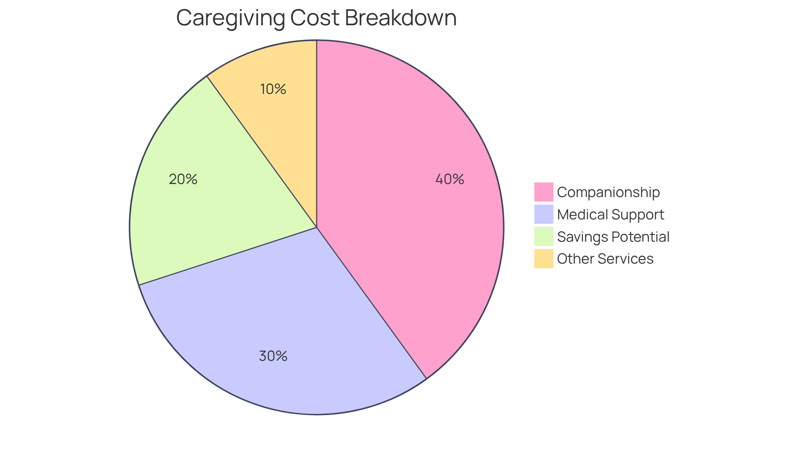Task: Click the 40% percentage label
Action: [449, 179]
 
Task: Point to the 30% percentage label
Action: [273, 356]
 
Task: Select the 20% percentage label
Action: [183, 179]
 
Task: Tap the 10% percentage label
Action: [273, 89]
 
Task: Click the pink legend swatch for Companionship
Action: [544, 192]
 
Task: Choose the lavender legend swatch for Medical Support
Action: [544, 214]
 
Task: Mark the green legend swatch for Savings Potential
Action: [544, 237]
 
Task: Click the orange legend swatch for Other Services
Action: [544, 259]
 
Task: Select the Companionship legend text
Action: [609, 192]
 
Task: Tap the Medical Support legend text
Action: [611, 215]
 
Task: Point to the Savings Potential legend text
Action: [613, 237]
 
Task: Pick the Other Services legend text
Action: [605, 259]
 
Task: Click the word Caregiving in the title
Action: [230, 19]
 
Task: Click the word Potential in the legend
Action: [641, 237]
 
